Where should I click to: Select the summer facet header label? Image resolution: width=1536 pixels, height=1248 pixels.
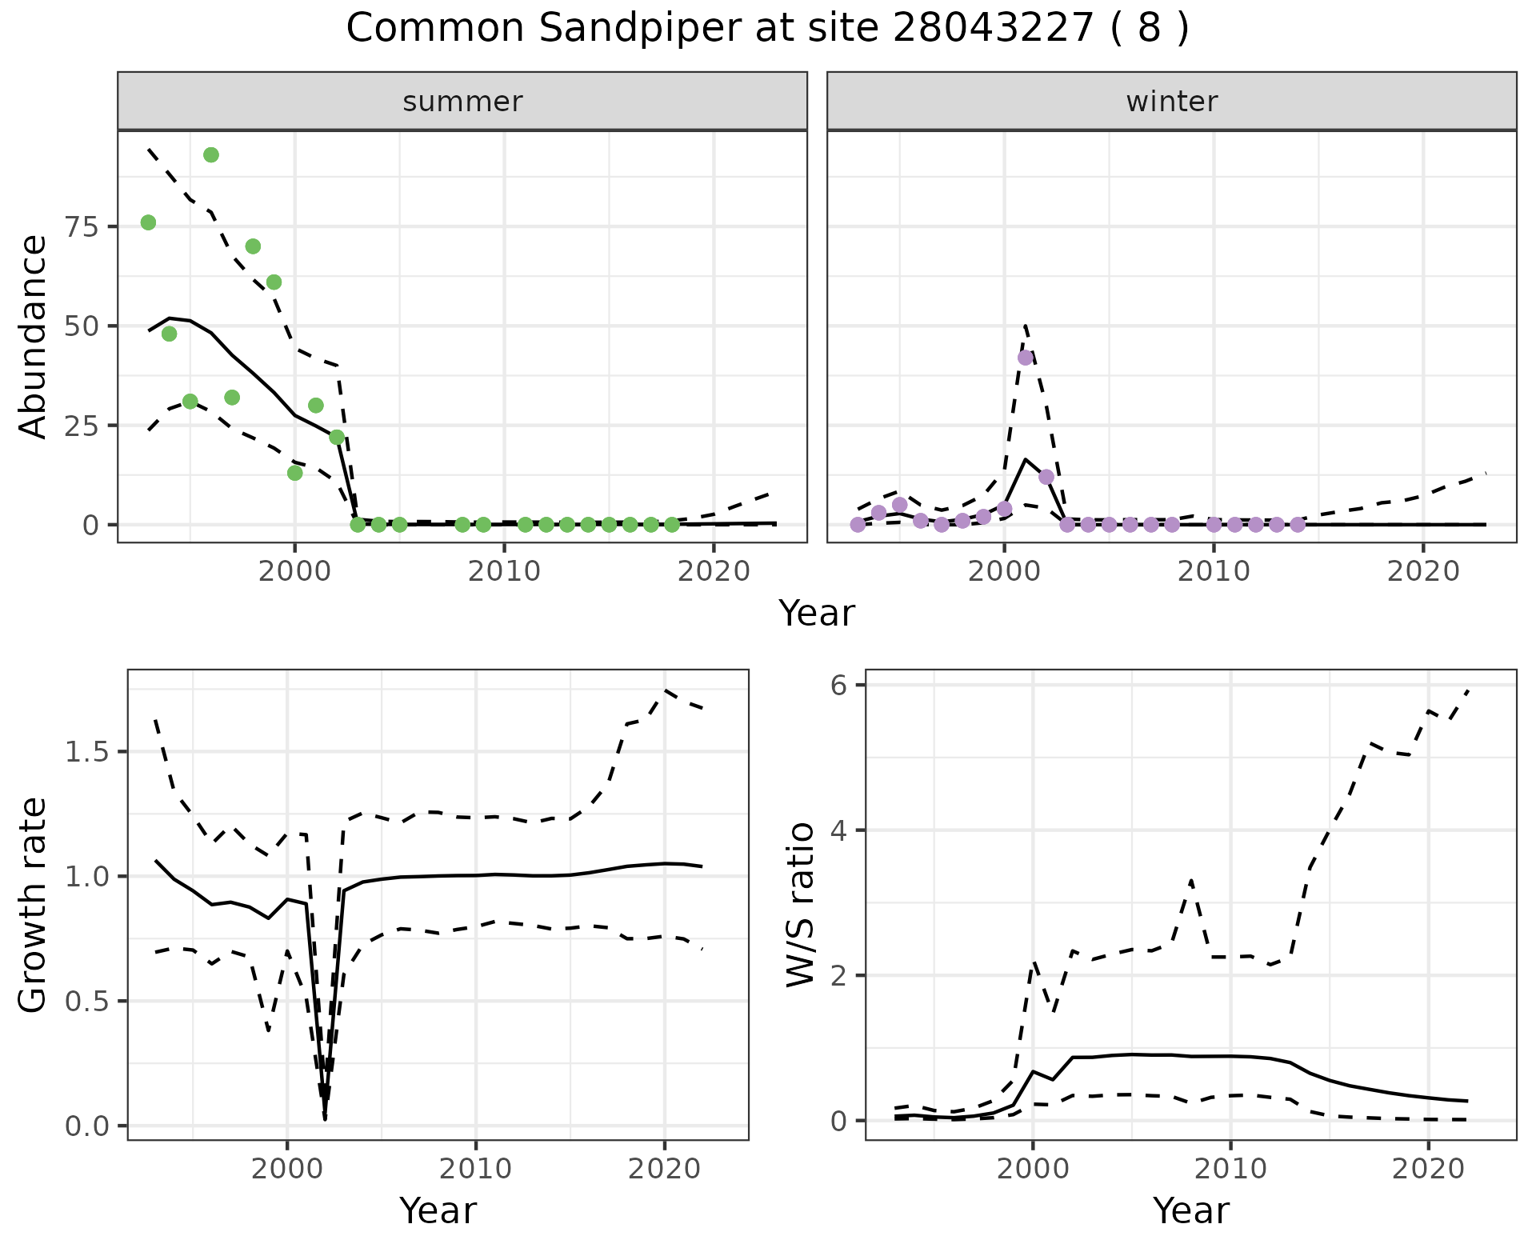[462, 102]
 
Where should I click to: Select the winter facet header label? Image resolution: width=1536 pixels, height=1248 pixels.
[1171, 102]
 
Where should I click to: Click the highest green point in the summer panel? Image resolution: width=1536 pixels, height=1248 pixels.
[211, 154]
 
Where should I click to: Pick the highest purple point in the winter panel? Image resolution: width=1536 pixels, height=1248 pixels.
[1026, 358]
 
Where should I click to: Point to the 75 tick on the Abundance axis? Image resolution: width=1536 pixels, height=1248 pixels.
[82, 226]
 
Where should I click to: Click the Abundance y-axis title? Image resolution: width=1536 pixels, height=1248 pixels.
[34, 336]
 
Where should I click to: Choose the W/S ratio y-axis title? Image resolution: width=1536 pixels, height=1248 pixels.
[800, 904]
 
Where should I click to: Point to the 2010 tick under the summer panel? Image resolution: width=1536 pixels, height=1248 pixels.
[504, 572]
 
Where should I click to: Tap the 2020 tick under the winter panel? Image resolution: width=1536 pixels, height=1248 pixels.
[1422, 572]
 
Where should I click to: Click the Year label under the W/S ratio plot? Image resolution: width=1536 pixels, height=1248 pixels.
[1190, 1211]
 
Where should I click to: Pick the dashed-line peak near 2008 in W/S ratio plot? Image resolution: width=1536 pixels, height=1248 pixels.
[1191, 881]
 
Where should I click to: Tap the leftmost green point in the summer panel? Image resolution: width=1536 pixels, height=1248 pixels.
[148, 222]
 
